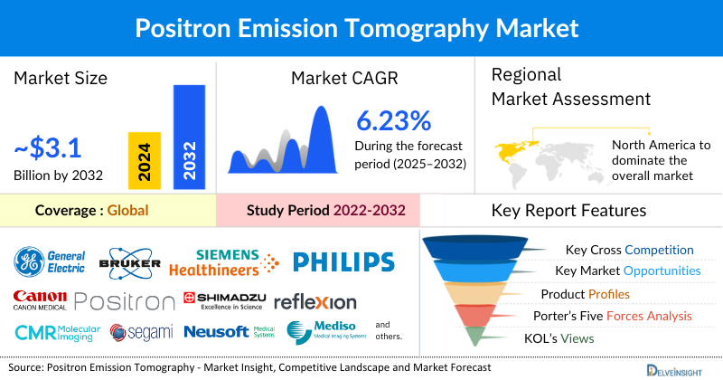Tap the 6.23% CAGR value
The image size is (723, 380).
tap(393, 121)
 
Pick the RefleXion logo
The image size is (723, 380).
tap(315, 301)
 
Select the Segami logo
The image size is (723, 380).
tap(142, 333)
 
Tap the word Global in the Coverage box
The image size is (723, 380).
tap(127, 211)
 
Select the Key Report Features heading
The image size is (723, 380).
tap(568, 211)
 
